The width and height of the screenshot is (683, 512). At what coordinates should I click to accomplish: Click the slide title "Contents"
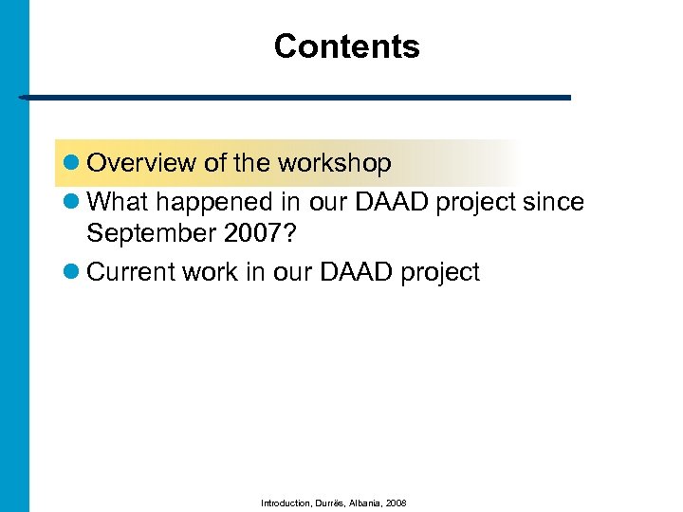coord(346,46)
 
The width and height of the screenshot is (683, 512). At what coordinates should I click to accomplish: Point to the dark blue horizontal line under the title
coord(294,98)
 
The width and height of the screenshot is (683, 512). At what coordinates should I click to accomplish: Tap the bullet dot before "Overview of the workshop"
coord(71,164)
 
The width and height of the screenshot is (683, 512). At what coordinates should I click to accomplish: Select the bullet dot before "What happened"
coord(71,204)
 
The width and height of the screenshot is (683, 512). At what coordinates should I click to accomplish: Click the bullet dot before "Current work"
coord(71,273)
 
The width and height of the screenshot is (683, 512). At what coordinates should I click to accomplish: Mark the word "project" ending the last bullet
coord(440,273)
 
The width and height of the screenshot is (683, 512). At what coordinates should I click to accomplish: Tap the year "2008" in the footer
coord(397,503)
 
